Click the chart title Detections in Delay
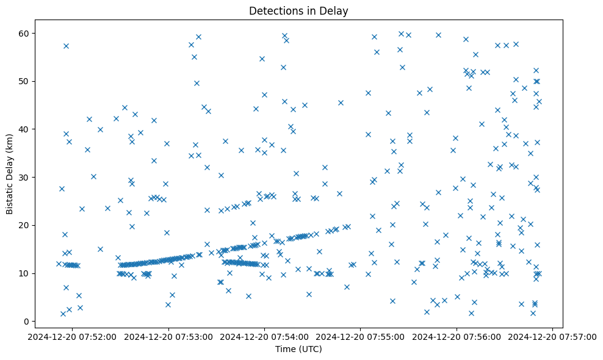pos(298,10)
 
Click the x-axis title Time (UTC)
pos(298,349)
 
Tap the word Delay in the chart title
pos(336,10)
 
